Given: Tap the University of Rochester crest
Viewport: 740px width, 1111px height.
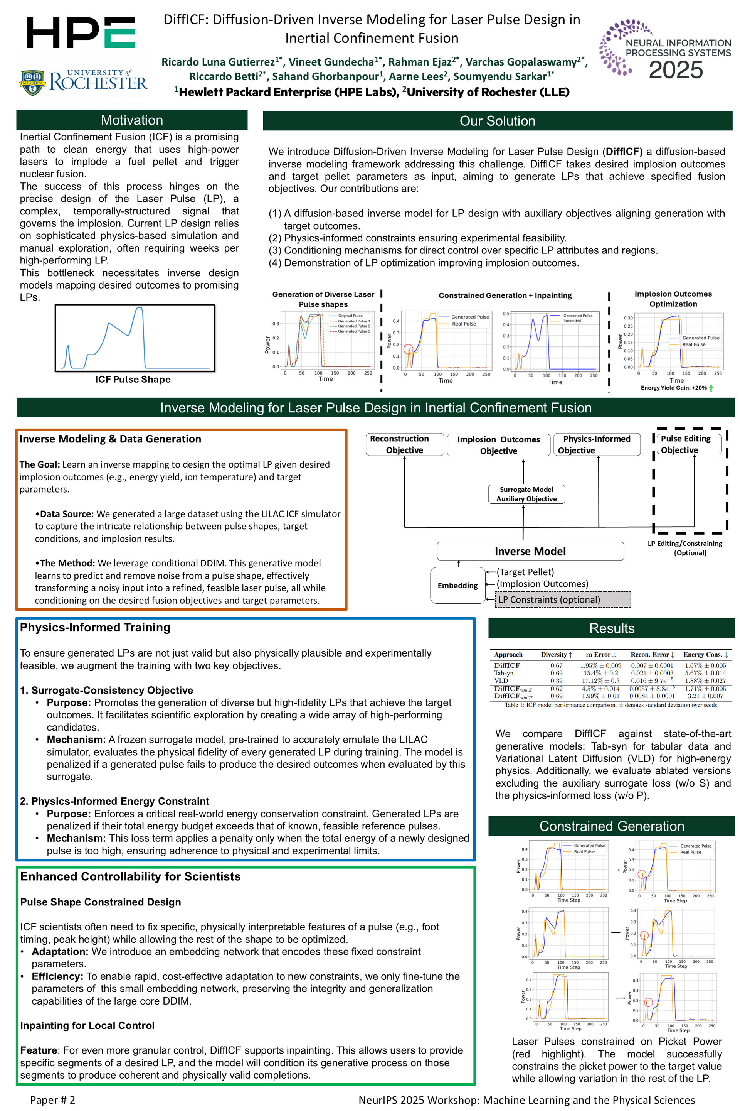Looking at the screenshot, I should [x=32, y=82].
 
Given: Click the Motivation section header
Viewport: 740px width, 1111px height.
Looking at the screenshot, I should [x=132, y=120].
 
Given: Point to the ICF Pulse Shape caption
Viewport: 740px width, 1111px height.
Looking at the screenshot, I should [x=133, y=379].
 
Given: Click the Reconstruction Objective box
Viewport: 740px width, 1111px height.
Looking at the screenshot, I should [x=404, y=444].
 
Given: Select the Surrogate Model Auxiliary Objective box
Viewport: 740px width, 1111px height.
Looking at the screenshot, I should [x=526, y=494].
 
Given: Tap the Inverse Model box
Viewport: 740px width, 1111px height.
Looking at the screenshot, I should [x=530, y=551].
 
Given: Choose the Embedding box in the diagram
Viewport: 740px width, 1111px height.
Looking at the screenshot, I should [x=457, y=585].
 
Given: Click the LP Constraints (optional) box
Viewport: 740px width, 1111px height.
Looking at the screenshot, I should [x=563, y=599].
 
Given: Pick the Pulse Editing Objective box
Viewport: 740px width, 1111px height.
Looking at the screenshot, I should [x=689, y=444].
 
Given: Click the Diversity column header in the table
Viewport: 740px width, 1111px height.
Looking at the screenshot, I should [x=556, y=655].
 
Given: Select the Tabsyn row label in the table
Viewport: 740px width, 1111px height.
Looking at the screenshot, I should [x=504, y=673].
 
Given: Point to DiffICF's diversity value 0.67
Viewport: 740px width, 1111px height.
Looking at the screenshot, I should [x=557, y=665].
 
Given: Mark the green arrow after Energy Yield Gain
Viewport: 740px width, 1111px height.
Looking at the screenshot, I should [x=711, y=388].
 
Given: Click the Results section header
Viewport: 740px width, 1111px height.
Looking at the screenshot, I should [x=611, y=628].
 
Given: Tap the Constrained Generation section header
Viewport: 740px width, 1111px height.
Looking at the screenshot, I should [x=611, y=826].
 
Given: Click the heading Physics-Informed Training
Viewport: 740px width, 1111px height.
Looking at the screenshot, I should [x=95, y=627].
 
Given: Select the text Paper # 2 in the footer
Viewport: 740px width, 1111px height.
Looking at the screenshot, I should [x=52, y=1100].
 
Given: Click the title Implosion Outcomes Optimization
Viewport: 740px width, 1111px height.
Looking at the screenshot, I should [x=673, y=299].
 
